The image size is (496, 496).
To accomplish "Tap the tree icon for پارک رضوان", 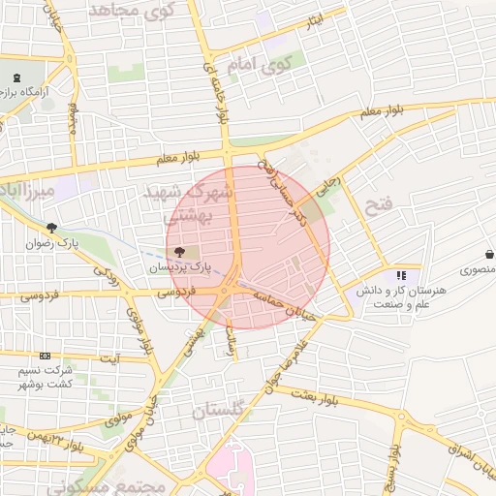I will pyautogui.click(x=51, y=230).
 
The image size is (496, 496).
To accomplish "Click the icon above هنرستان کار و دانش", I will pyautogui.click(x=402, y=275).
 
